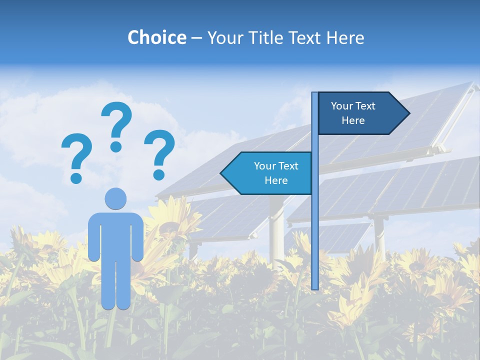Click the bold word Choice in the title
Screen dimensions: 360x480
click(156, 37)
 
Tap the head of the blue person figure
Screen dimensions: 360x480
click(115, 198)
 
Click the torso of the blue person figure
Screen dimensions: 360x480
click(115, 235)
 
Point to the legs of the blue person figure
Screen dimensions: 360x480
click(115, 285)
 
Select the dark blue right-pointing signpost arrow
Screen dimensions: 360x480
click(360, 113)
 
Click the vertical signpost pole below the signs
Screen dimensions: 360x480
click(315, 240)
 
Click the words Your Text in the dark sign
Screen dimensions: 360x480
click(353, 106)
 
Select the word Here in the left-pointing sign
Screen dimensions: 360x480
click(276, 180)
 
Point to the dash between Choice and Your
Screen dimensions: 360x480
click(196, 38)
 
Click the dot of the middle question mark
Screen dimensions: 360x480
click(116, 146)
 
